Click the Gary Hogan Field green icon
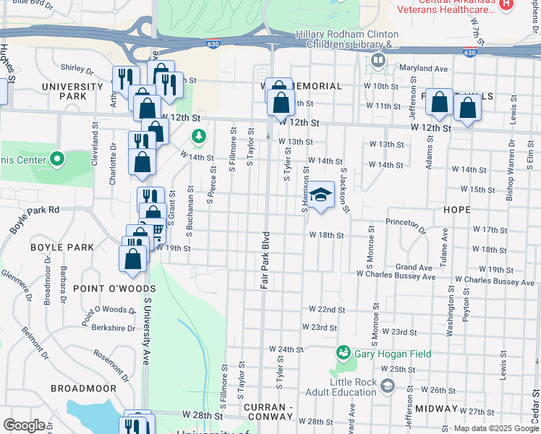tap(344, 354)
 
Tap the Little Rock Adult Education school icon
tap(388, 387)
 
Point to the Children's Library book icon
tap(378, 61)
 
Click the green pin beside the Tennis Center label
tap(57, 159)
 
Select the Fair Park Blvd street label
tap(265, 260)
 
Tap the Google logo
tap(24, 425)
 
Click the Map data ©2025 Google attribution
tap(496, 428)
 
